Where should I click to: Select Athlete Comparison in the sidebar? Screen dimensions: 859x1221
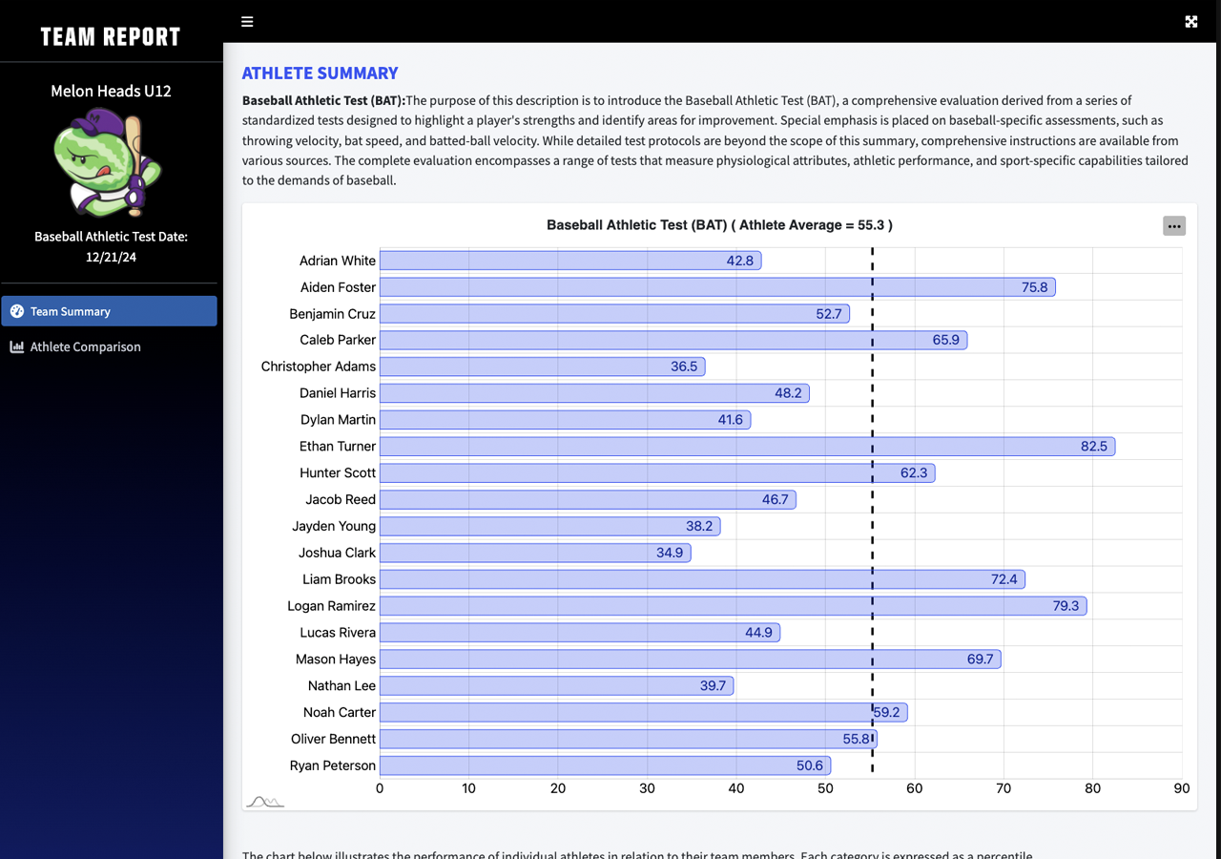coord(85,346)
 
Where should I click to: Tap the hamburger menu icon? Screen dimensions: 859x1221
coord(247,22)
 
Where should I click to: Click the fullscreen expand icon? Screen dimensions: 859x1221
coord(1190,22)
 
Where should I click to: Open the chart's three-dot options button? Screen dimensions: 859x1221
coord(1174,226)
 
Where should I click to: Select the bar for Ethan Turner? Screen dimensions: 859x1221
coord(746,447)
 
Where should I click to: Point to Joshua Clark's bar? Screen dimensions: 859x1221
coord(534,553)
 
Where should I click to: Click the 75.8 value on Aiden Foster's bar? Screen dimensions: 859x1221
coord(1034,287)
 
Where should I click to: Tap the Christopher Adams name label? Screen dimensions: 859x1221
coord(319,367)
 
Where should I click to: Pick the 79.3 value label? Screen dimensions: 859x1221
coord(1066,606)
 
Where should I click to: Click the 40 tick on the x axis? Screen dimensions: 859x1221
coord(736,788)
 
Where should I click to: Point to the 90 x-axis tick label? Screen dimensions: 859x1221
coord(1182,788)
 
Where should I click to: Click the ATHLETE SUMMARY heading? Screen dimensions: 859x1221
coord(320,73)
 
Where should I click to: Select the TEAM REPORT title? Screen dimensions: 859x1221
coord(111,37)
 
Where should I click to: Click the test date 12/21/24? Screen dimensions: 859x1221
coord(111,257)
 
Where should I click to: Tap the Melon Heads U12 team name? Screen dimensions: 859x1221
coord(111,92)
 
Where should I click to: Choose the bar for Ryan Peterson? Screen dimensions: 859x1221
coord(605,765)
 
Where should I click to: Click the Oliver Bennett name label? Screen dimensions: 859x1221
coord(333,739)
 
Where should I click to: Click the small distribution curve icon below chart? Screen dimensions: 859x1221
coord(265,802)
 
